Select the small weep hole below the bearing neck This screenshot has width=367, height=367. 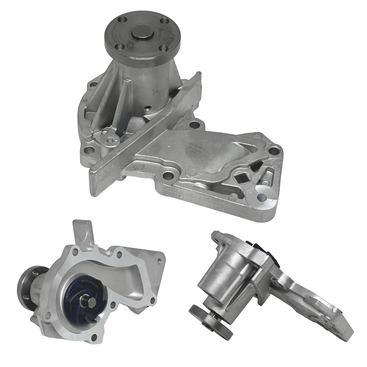(148, 108)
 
